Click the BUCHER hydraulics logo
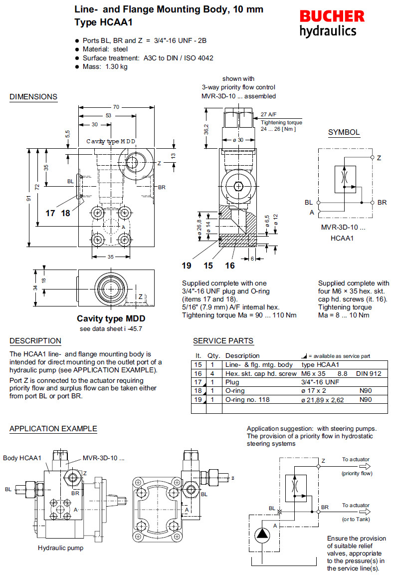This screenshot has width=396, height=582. tap(332, 23)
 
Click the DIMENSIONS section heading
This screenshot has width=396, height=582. tap(33, 97)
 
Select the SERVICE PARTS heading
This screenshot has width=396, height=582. tap(223, 341)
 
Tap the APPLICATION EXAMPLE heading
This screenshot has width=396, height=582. tap(53, 429)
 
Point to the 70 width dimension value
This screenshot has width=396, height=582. tap(116, 107)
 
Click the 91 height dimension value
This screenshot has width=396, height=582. tap(28, 199)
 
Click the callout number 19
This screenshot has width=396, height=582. tap(187, 266)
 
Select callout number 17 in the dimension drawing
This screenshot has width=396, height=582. tap(50, 213)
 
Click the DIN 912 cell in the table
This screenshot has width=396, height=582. tap(368, 373)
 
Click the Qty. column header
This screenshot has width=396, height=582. tap(213, 356)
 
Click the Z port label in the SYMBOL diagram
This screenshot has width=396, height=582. tap(379, 158)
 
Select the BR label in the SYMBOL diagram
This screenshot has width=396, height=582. tap(382, 202)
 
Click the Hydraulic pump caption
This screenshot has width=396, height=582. tap(60, 548)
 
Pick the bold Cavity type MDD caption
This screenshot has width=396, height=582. tap(107, 318)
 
